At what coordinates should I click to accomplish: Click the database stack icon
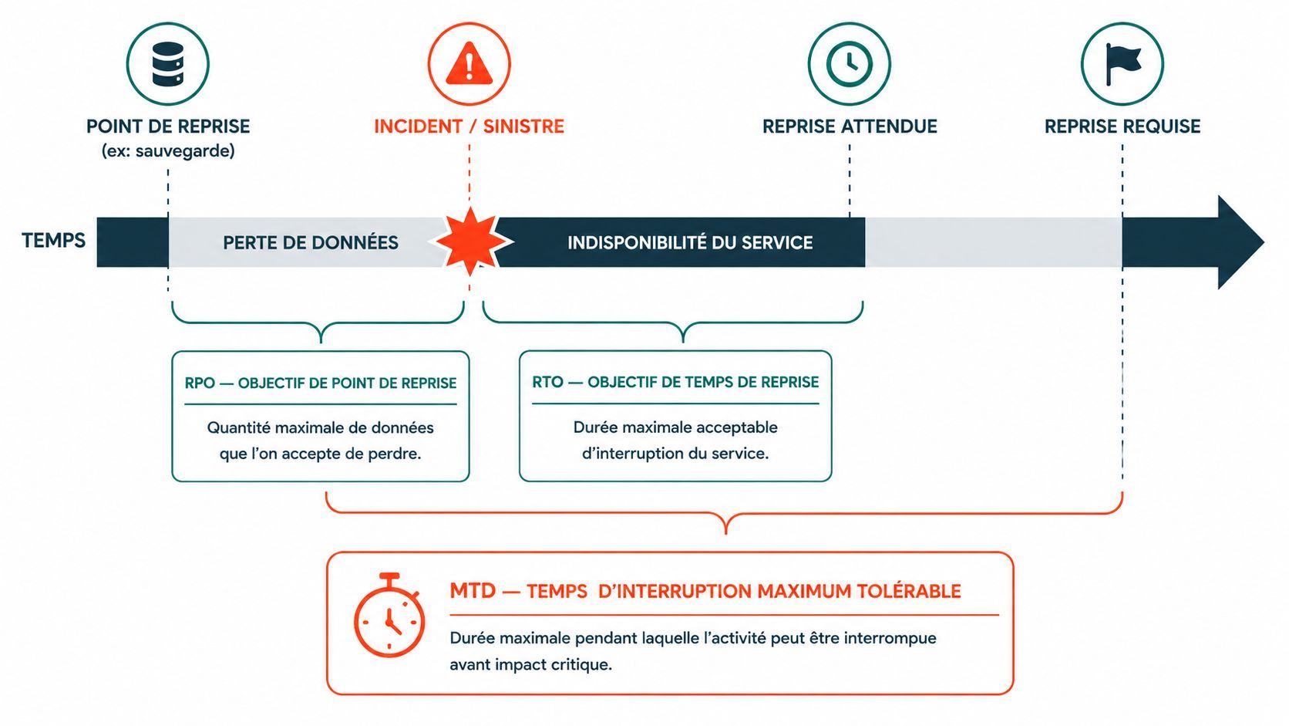167,64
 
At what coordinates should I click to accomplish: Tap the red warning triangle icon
469,64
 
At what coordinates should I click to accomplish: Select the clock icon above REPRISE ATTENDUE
850,63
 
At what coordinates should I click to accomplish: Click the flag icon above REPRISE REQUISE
1122,63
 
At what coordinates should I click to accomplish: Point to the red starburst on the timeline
471,241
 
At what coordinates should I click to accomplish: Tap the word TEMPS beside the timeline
53,240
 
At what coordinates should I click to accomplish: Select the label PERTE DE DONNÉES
311,242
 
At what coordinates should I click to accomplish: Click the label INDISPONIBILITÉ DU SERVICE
690,242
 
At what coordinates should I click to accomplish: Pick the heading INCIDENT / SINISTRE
469,126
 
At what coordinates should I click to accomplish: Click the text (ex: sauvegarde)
168,151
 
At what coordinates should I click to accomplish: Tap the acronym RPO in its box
200,383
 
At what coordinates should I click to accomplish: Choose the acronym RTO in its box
547,382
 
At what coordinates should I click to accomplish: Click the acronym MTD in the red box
473,591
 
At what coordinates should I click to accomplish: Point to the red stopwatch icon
389,615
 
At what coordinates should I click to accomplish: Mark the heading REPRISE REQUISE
1122,126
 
